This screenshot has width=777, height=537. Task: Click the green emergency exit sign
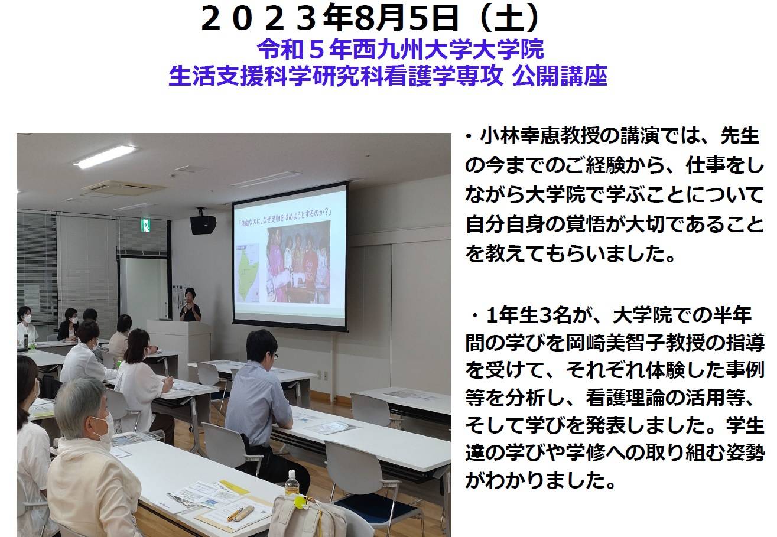(146, 226)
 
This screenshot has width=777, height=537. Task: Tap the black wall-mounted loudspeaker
(203, 224)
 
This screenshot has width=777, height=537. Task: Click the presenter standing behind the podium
(190, 305)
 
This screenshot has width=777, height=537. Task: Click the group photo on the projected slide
(299, 265)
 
